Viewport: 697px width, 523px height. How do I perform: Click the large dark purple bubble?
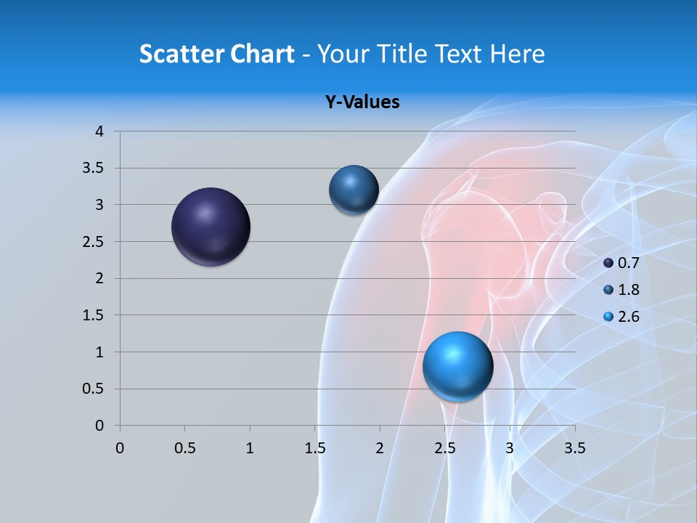tap(211, 227)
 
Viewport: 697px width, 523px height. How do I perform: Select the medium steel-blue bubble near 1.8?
tap(354, 190)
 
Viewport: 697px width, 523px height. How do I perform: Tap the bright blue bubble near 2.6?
tap(457, 366)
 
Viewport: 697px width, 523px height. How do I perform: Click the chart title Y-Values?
tap(362, 102)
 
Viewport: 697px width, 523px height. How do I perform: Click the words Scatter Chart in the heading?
tap(216, 53)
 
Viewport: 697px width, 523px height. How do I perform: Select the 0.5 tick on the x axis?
tap(185, 448)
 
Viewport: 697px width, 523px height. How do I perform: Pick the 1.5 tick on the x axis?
tap(315, 448)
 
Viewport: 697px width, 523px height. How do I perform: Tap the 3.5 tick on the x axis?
tap(574, 448)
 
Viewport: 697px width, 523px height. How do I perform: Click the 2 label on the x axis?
tap(380, 448)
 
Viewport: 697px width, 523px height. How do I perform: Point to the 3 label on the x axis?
tap(510, 448)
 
